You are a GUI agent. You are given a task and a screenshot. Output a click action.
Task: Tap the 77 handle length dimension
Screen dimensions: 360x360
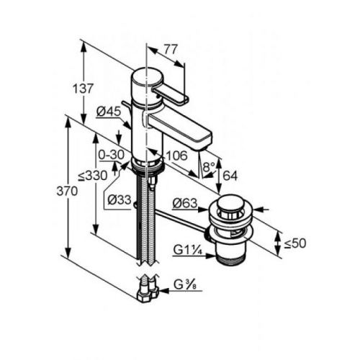tap(171, 50)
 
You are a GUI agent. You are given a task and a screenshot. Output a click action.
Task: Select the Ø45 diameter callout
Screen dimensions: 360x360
tap(108, 112)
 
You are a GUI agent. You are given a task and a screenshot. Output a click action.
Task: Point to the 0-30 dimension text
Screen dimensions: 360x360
tap(112, 155)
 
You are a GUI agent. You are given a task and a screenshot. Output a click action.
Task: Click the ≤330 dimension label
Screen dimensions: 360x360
tap(93, 176)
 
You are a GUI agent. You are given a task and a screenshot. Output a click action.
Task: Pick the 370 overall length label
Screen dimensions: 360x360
tap(67, 192)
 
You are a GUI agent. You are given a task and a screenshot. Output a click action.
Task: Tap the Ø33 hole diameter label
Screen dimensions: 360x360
tap(120, 199)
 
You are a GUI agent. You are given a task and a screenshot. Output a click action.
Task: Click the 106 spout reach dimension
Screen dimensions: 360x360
tap(176, 156)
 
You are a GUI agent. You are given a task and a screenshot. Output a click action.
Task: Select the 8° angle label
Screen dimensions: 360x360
tap(208, 166)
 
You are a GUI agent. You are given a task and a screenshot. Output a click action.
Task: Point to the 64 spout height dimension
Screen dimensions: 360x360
tap(230, 176)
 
